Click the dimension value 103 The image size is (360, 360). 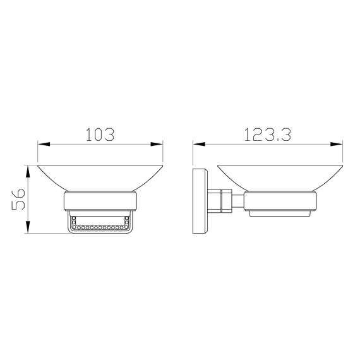(100, 135)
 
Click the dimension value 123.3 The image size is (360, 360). (268, 135)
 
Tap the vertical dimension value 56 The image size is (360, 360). (18, 199)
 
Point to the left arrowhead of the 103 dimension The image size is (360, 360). (44, 144)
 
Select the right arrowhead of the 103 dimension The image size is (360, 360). (157, 144)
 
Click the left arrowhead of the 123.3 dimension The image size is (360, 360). (199, 144)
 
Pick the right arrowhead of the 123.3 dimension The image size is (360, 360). (337, 144)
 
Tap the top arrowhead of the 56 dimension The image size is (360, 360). (28, 171)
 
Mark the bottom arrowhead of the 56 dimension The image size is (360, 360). (28, 227)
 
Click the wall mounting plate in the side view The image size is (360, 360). (200, 201)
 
